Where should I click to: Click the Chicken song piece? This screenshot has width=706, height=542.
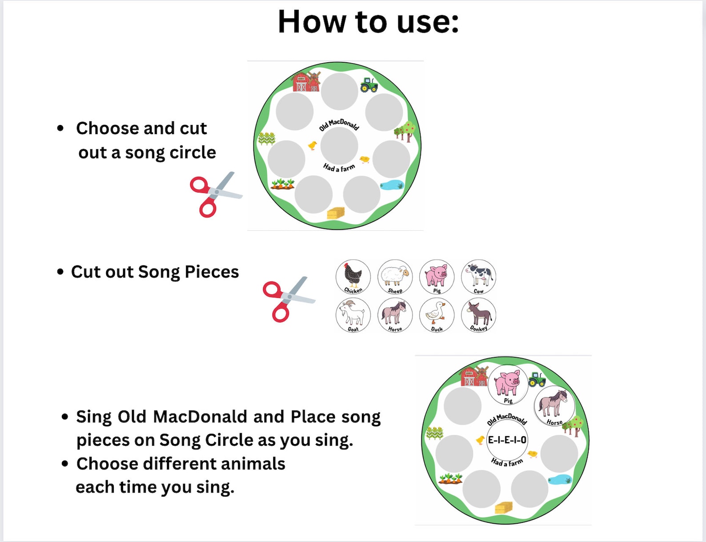[x=353, y=277]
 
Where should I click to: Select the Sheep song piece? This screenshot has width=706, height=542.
[x=395, y=277]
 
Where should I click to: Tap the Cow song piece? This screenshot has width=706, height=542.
[x=478, y=277]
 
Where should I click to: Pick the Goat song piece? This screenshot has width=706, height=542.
[x=353, y=315]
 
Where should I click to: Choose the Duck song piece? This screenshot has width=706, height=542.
[x=437, y=315]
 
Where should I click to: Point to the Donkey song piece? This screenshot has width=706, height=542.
[x=478, y=315]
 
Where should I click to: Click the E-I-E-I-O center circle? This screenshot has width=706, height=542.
[x=507, y=440]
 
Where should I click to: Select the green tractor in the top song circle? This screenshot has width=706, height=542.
[x=369, y=84]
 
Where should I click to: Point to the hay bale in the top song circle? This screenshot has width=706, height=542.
[x=336, y=213]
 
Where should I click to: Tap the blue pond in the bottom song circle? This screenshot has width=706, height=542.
[x=560, y=479]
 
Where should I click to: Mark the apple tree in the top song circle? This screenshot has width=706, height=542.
[x=405, y=132]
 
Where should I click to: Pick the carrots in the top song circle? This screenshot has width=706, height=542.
[x=283, y=184]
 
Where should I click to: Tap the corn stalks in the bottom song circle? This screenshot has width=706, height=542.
[x=434, y=433]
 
